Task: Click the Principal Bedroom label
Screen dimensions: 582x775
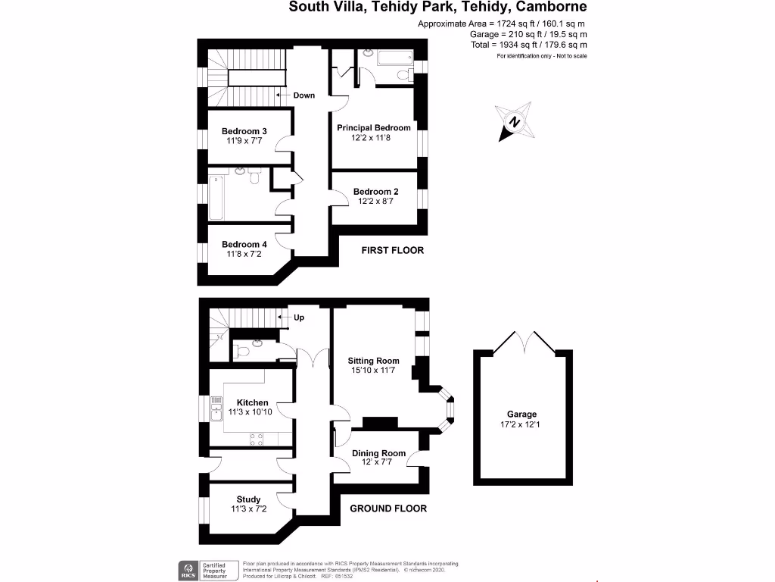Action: tap(374, 127)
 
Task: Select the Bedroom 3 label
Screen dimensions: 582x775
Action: tap(244, 130)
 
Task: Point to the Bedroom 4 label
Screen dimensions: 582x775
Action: tap(244, 244)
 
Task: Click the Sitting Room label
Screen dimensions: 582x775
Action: tap(374, 361)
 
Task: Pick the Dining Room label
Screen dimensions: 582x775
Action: tap(374, 452)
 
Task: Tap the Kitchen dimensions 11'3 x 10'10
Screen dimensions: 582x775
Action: tap(252, 412)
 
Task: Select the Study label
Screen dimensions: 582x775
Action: tap(248, 499)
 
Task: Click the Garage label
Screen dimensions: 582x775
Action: tap(521, 414)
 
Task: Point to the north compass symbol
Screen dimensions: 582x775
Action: tap(515, 122)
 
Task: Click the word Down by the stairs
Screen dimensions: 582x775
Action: tap(304, 95)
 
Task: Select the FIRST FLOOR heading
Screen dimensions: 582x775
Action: tap(392, 250)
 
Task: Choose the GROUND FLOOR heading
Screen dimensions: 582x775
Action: tap(388, 508)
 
